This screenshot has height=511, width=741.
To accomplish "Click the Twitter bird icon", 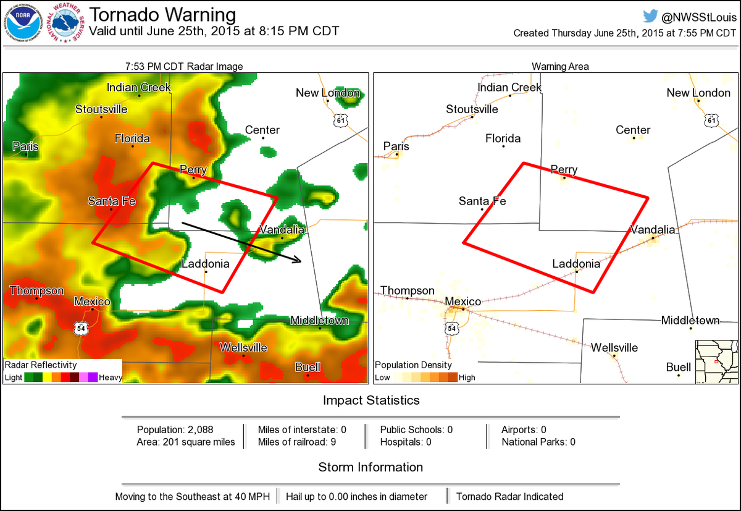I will (650, 16).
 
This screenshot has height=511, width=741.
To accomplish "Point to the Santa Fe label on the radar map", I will (112, 201).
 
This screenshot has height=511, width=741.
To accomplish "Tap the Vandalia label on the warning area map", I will (653, 230).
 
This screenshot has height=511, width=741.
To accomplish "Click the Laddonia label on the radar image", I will (206, 264).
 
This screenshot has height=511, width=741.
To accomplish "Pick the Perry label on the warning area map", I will (564, 170).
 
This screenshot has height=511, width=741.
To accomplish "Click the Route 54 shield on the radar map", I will (80, 328).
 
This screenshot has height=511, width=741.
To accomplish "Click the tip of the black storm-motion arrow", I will (300, 261).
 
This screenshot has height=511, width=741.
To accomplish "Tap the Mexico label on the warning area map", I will (463, 302).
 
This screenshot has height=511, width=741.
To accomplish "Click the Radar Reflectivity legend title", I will (41, 365).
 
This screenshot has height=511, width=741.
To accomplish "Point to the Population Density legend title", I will (414, 365).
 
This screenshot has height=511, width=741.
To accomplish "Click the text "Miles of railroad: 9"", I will (296, 442).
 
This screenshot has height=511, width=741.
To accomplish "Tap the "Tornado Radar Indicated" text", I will (509, 496).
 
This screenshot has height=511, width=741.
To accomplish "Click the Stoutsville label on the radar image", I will (101, 109).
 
